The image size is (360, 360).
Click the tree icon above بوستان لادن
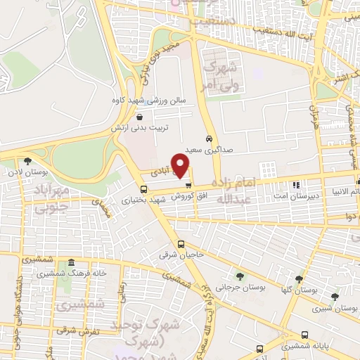coord(27,161)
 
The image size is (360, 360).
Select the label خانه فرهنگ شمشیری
coord(62,272)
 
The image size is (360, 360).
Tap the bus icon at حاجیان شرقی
coord(181,245)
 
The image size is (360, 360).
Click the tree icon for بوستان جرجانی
coord(240,277)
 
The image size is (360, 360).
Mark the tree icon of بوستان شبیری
coord(334,297)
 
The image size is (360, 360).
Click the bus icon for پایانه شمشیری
coord(304,335)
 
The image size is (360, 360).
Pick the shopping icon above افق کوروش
coord(188,184)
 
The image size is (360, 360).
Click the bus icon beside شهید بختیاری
coord(144,189)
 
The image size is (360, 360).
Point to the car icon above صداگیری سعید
coord(209,139)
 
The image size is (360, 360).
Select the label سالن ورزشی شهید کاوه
coord(148,100)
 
